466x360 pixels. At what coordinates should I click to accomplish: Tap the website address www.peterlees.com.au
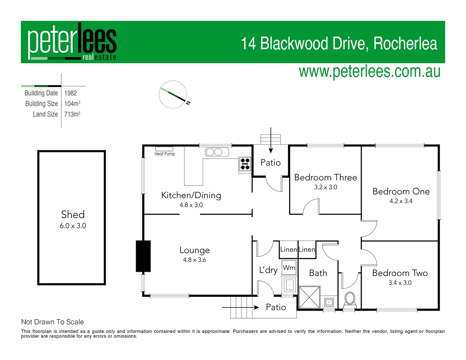coord(369,72)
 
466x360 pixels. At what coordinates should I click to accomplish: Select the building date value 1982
coord(71,93)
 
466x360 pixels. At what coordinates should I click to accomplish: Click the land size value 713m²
coord(72,114)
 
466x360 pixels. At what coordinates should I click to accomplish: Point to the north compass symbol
coord(173,94)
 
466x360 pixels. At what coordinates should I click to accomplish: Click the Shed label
coord(73,214)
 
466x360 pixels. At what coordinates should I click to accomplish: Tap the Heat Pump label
coord(165,154)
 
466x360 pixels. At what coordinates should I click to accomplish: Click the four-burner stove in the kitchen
coord(245,164)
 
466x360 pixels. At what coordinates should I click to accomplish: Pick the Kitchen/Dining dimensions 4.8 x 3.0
coord(191,205)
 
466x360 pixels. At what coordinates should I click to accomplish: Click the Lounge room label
coord(194,250)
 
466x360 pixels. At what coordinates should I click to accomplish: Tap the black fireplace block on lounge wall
coord(143,256)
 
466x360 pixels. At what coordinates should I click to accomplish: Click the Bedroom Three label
coord(325,177)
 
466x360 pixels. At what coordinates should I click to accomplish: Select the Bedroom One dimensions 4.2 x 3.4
coord(401,201)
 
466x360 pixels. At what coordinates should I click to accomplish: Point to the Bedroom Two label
coord(400,273)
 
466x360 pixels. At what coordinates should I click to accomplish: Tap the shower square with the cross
coord(309,297)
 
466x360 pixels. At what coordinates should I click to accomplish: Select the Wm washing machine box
coord(289,268)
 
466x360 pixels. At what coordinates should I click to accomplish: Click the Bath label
coord(318,273)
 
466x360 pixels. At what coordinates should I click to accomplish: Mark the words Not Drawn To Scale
coord(52,322)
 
